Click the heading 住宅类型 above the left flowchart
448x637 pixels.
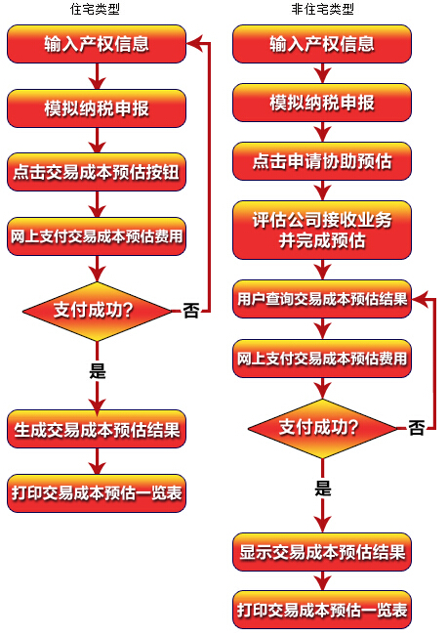click(x=95, y=9)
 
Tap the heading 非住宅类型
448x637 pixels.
click(x=322, y=9)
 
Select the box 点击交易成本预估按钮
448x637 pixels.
click(x=97, y=172)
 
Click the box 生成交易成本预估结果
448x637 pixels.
click(x=97, y=429)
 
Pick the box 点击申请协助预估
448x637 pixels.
click(x=322, y=161)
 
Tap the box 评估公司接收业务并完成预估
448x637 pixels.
click(x=322, y=230)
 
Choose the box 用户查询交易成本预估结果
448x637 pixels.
click(x=322, y=299)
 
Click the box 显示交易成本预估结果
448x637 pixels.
click(x=322, y=552)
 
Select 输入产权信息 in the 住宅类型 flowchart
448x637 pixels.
click(x=97, y=44)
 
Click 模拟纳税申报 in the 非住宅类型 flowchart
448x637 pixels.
click(x=322, y=103)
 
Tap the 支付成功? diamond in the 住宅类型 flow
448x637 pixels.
click(x=97, y=312)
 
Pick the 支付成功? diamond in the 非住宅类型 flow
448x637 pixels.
click(x=323, y=429)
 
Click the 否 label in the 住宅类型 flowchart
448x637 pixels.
click(x=190, y=311)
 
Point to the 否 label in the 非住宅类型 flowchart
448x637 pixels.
click(x=417, y=428)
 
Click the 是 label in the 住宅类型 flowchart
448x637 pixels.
click(x=98, y=370)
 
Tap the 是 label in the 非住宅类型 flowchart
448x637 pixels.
click(x=323, y=488)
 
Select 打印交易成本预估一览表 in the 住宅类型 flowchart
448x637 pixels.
click(x=97, y=493)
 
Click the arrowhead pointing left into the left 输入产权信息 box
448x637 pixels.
click(x=194, y=43)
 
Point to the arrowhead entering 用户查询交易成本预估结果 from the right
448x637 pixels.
click(x=420, y=299)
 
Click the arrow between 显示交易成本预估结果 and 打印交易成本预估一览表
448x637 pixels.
click(x=323, y=581)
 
